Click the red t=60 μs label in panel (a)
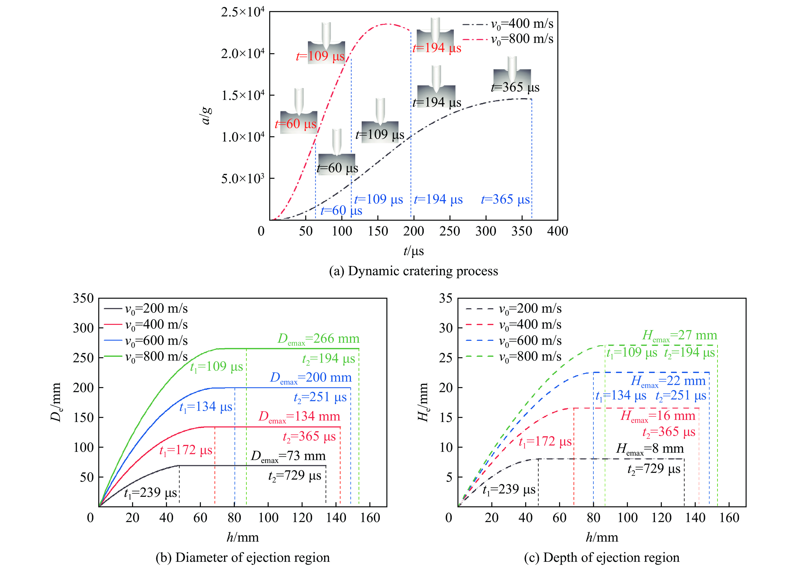(x=295, y=124)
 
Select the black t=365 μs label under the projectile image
(x=515, y=87)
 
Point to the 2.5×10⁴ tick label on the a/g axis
(x=242, y=12)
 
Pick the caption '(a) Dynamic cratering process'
(x=413, y=271)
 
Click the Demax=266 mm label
(x=318, y=339)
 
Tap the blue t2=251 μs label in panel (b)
(x=320, y=397)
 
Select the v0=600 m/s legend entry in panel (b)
(x=156, y=341)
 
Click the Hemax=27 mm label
(x=680, y=336)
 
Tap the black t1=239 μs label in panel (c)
(x=509, y=490)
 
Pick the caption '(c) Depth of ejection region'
(x=602, y=558)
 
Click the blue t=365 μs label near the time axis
(x=505, y=200)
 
